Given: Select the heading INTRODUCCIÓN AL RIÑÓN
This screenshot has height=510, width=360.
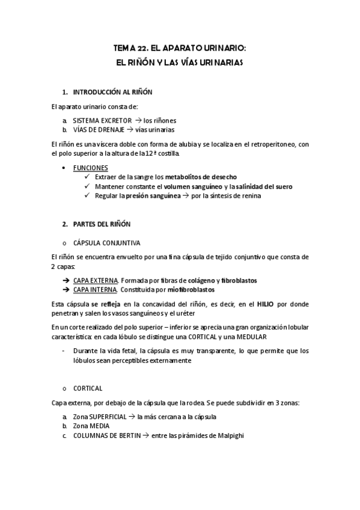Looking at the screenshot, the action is click(x=112, y=92).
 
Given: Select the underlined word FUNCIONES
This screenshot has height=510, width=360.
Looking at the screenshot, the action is click(x=91, y=167).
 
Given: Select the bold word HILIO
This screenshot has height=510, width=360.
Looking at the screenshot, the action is click(x=265, y=304).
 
